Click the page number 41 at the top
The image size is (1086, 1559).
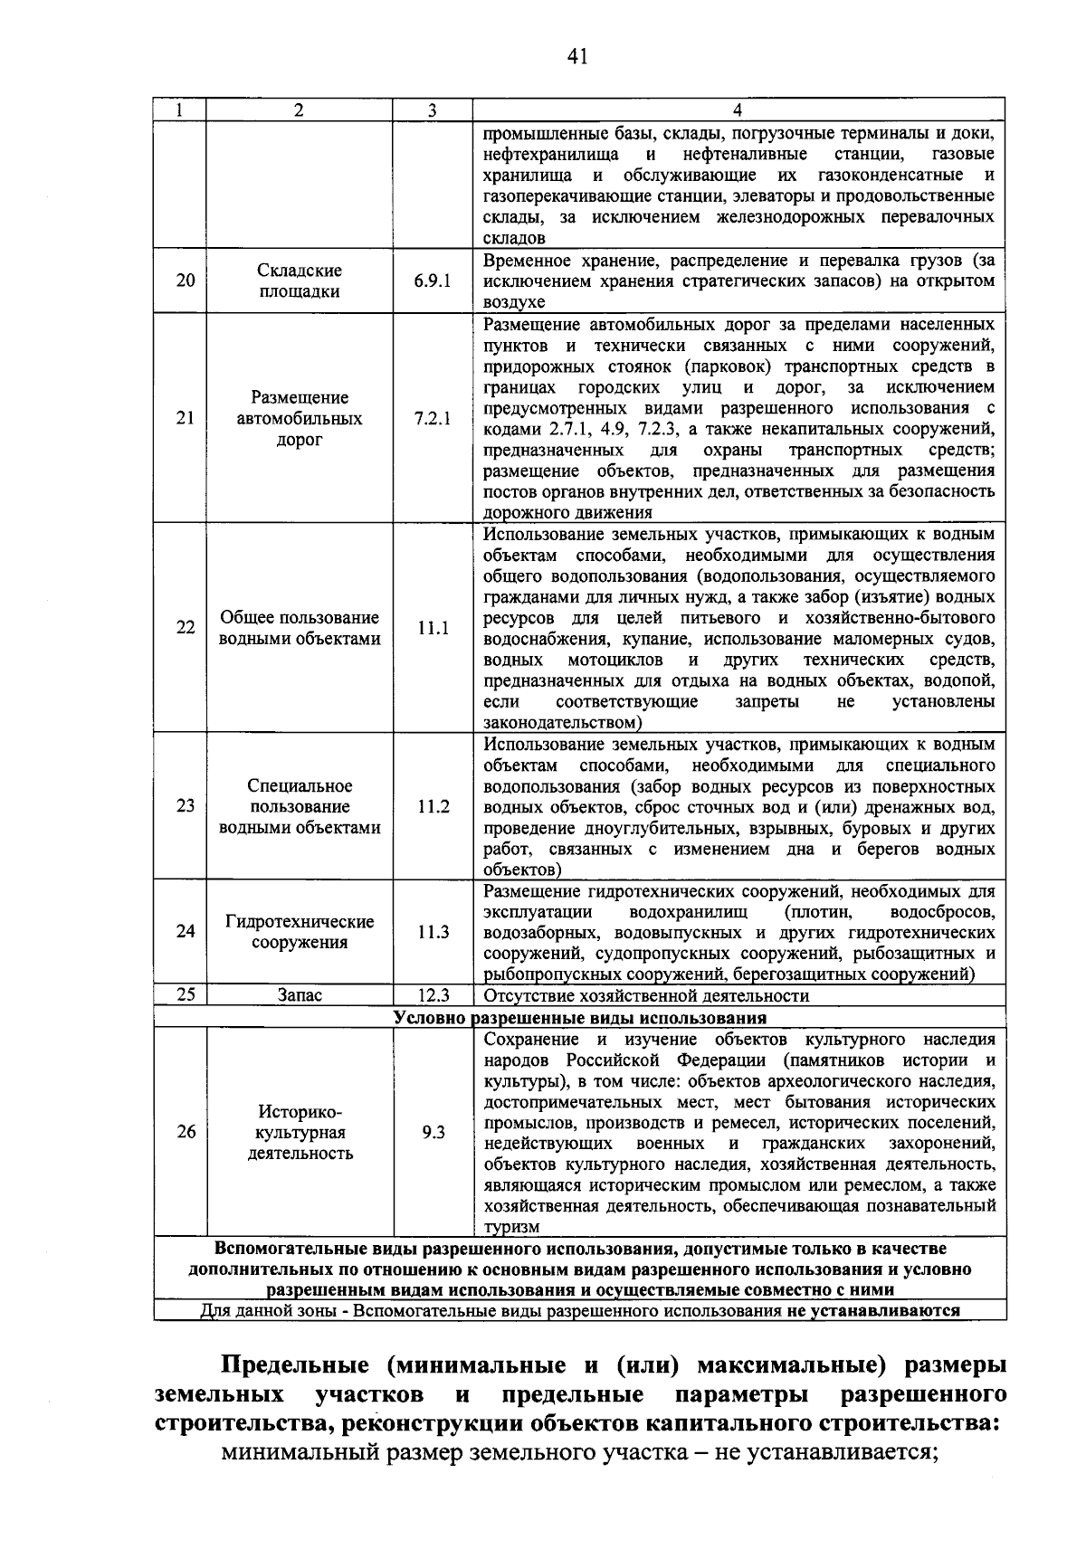point(577,57)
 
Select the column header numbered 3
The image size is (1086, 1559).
point(433,110)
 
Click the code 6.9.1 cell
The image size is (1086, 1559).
point(433,280)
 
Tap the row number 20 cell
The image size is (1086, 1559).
point(185,280)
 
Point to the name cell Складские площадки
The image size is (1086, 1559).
point(300,280)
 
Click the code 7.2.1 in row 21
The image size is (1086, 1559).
point(433,418)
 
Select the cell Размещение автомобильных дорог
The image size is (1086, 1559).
point(300,418)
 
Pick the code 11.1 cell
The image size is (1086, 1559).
point(433,628)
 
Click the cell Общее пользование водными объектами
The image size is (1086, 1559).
point(300,628)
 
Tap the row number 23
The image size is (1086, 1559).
point(185,805)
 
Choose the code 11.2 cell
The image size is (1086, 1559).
point(433,806)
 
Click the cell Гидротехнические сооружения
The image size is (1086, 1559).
point(300,931)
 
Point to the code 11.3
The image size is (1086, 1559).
point(433,931)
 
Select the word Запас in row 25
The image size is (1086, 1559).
point(300,995)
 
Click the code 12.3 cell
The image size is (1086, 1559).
point(433,995)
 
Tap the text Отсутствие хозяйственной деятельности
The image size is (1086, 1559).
point(646,995)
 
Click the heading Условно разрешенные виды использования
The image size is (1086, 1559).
point(579,1017)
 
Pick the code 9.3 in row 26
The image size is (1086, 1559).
point(433,1132)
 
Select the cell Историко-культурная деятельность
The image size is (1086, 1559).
point(300,1132)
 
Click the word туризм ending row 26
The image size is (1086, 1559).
point(511,1227)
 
